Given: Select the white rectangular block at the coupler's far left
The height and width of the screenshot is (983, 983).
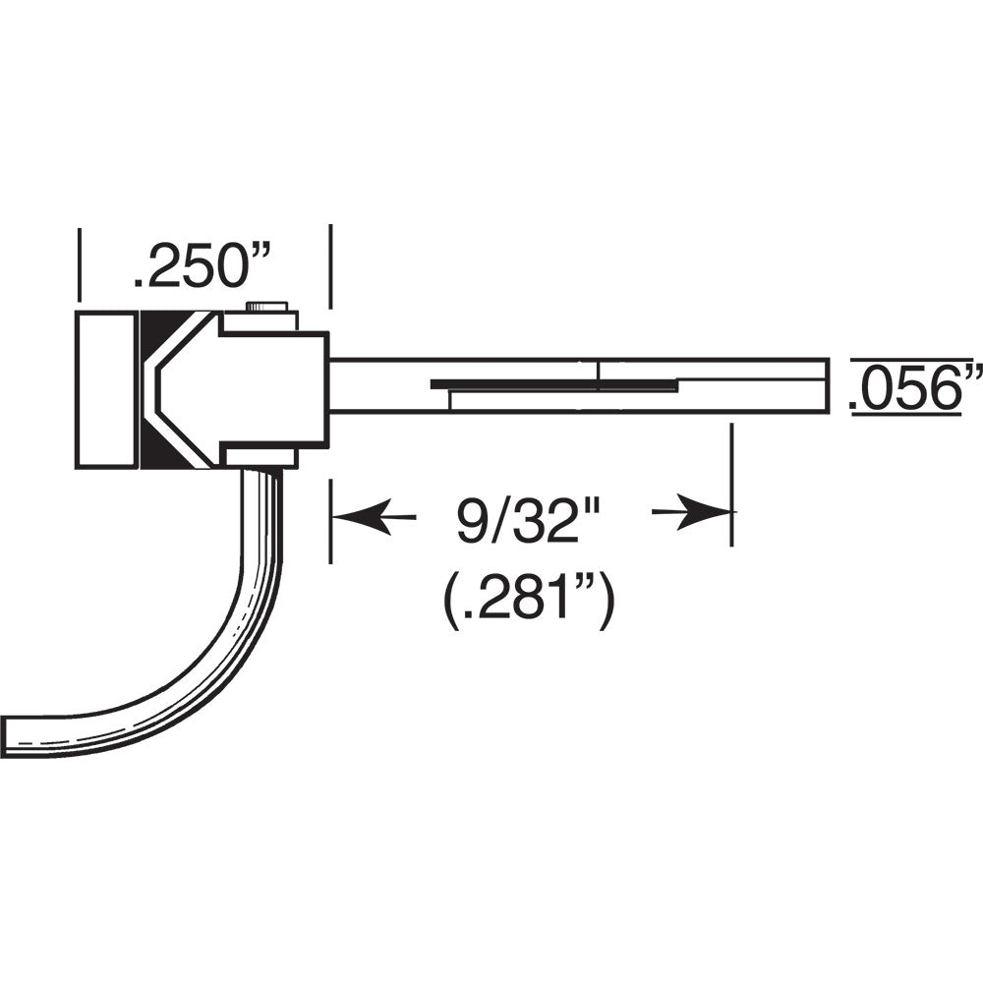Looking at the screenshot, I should click(x=105, y=390).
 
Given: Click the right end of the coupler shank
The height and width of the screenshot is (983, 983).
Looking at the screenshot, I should click(x=824, y=385).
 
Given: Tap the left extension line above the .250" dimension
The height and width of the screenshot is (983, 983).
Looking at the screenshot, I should click(x=78, y=263).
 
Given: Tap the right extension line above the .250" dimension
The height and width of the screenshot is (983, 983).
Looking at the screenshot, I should click(x=329, y=263).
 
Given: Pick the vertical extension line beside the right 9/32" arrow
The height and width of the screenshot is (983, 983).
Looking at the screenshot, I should click(x=731, y=482).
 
